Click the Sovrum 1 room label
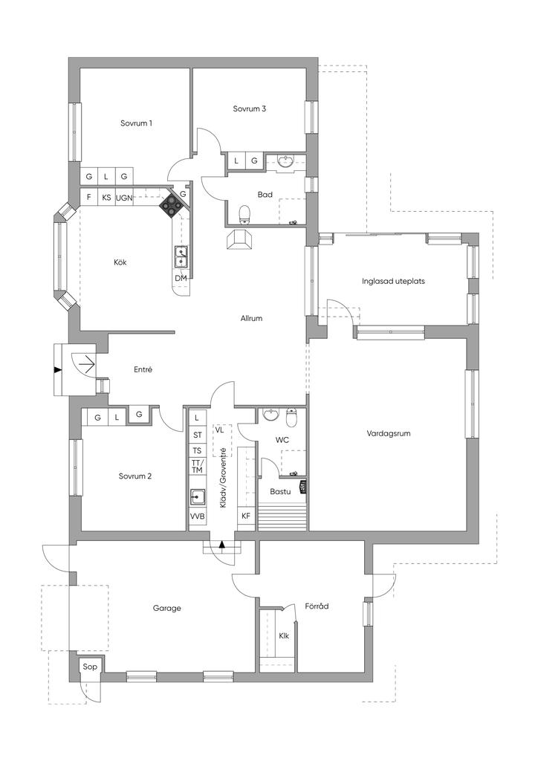click(136, 123)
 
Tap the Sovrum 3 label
click(250, 109)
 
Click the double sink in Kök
click(181, 256)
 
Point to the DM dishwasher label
click(181, 278)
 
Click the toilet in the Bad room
click(244, 215)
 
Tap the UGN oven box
click(124, 198)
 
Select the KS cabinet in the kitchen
click(107, 198)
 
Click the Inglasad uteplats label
click(393, 281)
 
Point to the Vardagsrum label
click(389, 433)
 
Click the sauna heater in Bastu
click(303, 487)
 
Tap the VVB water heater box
click(197, 516)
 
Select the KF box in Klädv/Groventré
click(246, 516)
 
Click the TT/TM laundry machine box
click(197, 467)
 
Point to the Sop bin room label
click(90, 667)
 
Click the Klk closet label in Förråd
click(284, 635)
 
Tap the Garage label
click(167, 608)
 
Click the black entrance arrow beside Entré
click(58, 370)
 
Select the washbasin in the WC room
click(270, 414)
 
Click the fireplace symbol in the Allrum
click(240, 240)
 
